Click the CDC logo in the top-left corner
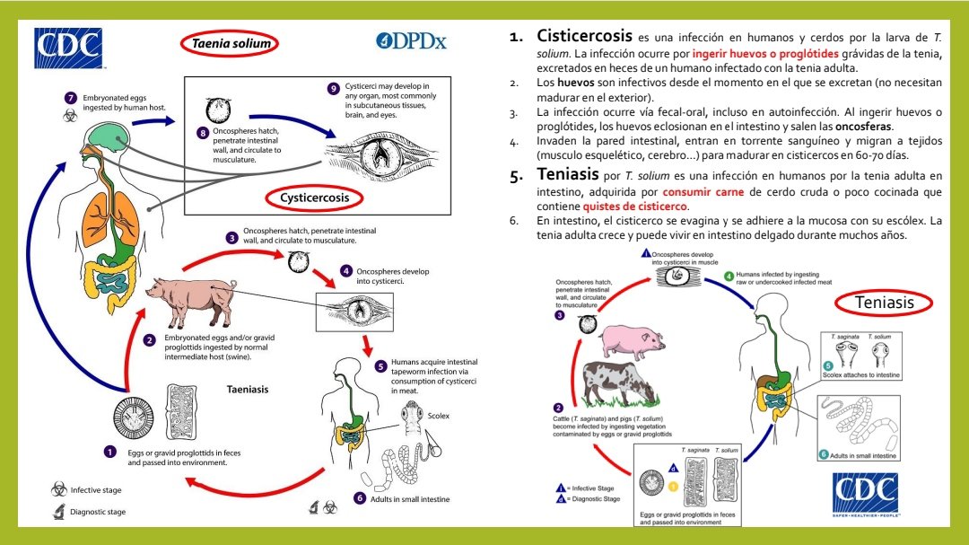click(68, 48)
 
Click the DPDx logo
click(411, 40)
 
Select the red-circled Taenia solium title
click(229, 42)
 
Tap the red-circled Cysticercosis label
click(313, 197)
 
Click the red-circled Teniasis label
click(886, 303)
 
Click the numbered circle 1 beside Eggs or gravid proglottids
click(109, 452)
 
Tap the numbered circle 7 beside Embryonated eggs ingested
click(71, 97)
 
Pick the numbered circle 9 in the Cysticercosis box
click(333, 88)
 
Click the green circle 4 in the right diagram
click(729, 276)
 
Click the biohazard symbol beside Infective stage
click(58, 490)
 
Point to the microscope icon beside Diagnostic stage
click(58, 513)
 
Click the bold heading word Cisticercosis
click(584, 37)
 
